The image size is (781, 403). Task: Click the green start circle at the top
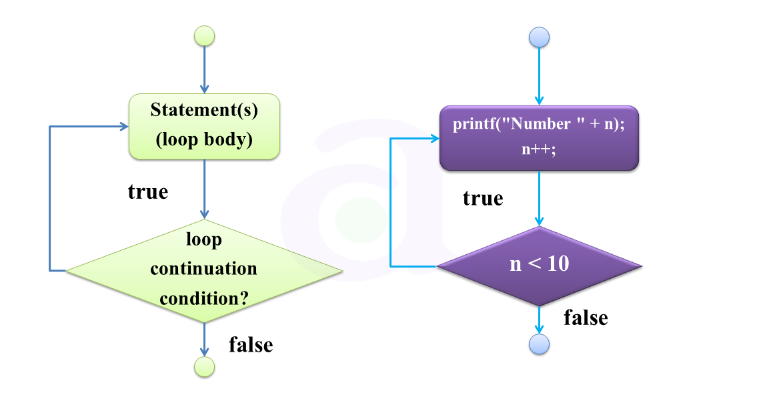[x=204, y=36]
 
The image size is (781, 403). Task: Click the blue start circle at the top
[x=539, y=37]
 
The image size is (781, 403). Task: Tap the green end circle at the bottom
[x=204, y=366]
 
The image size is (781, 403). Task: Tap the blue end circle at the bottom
[x=539, y=344]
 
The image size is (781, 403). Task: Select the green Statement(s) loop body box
[x=204, y=126]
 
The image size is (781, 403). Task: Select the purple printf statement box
[x=539, y=137]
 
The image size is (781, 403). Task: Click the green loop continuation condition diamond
[x=204, y=270]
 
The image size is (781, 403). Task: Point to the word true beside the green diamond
[x=148, y=192]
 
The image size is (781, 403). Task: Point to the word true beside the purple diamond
[x=483, y=199]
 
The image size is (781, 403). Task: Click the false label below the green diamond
[x=251, y=345]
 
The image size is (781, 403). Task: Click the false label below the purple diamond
[x=586, y=318]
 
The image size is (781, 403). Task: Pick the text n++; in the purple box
[x=539, y=149]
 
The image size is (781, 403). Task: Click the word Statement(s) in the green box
[x=204, y=110]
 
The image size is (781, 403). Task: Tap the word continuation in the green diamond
[x=203, y=269]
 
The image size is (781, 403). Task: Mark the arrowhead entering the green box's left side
[x=124, y=126]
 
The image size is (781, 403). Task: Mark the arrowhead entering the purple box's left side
[x=435, y=139]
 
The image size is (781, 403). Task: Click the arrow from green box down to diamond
[x=204, y=190]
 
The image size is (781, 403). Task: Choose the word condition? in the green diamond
[x=203, y=298]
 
